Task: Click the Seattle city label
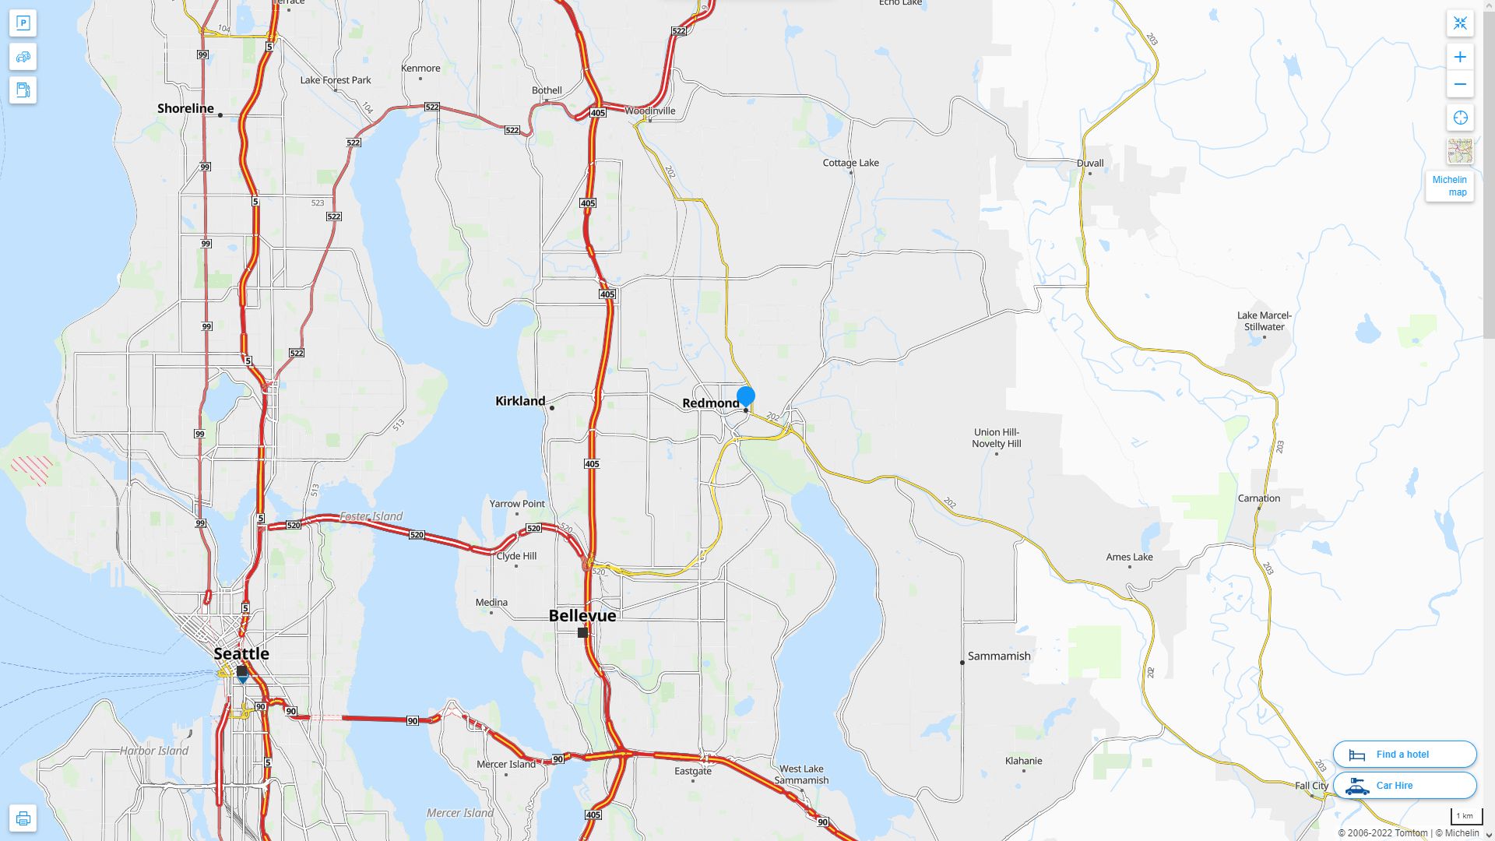(x=241, y=653)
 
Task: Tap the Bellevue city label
(x=582, y=615)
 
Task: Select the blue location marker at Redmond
(x=746, y=396)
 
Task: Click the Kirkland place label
(x=520, y=401)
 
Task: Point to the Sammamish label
(x=999, y=656)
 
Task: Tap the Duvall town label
(x=1090, y=163)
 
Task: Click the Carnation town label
(x=1259, y=498)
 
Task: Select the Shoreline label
(x=185, y=108)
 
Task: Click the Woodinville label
(x=650, y=111)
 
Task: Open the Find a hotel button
(x=1405, y=754)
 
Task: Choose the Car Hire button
(x=1405, y=785)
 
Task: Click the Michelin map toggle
(x=1449, y=186)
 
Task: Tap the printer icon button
(x=23, y=818)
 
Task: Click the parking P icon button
(x=23, y=23)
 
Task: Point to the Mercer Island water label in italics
(x=460, y=813)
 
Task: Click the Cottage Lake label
(x=851, y=163)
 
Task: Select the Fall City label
(x=1312, y=786)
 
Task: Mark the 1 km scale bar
(x=1465, y=816)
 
